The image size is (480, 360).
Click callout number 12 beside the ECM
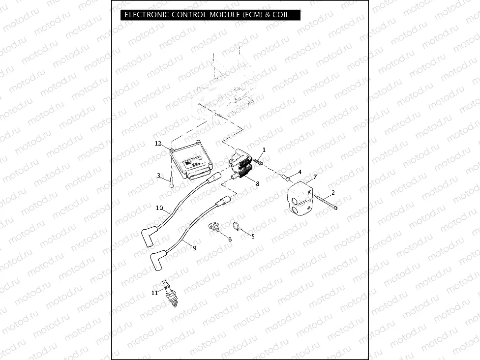click(158, 144)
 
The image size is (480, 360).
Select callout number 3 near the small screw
click(158, 175)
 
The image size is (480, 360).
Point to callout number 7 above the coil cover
click(315, 176)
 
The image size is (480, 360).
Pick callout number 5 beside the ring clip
click(253, 236)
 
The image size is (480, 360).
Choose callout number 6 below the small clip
click(230, 239)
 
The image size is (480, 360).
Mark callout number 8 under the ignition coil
click(257, 183)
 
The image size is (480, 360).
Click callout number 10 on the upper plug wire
click(159, 208)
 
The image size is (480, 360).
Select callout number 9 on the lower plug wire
click(194, 248)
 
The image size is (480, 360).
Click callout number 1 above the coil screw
click(264, 150)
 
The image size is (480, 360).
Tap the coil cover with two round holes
click(300, 199)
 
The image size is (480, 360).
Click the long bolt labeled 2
click(326, 202)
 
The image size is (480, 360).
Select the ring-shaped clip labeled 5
click(237, 227)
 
